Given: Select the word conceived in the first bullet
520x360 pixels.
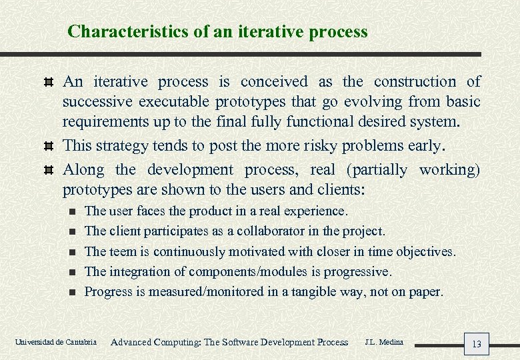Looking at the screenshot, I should coord(274,82).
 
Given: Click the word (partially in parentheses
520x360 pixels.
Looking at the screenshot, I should coord(375,170).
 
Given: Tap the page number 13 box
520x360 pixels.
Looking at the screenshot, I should coord(476,344).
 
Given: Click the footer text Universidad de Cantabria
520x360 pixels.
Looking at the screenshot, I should coord(55,343).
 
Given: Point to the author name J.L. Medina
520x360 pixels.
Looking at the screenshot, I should coord(383,342).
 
